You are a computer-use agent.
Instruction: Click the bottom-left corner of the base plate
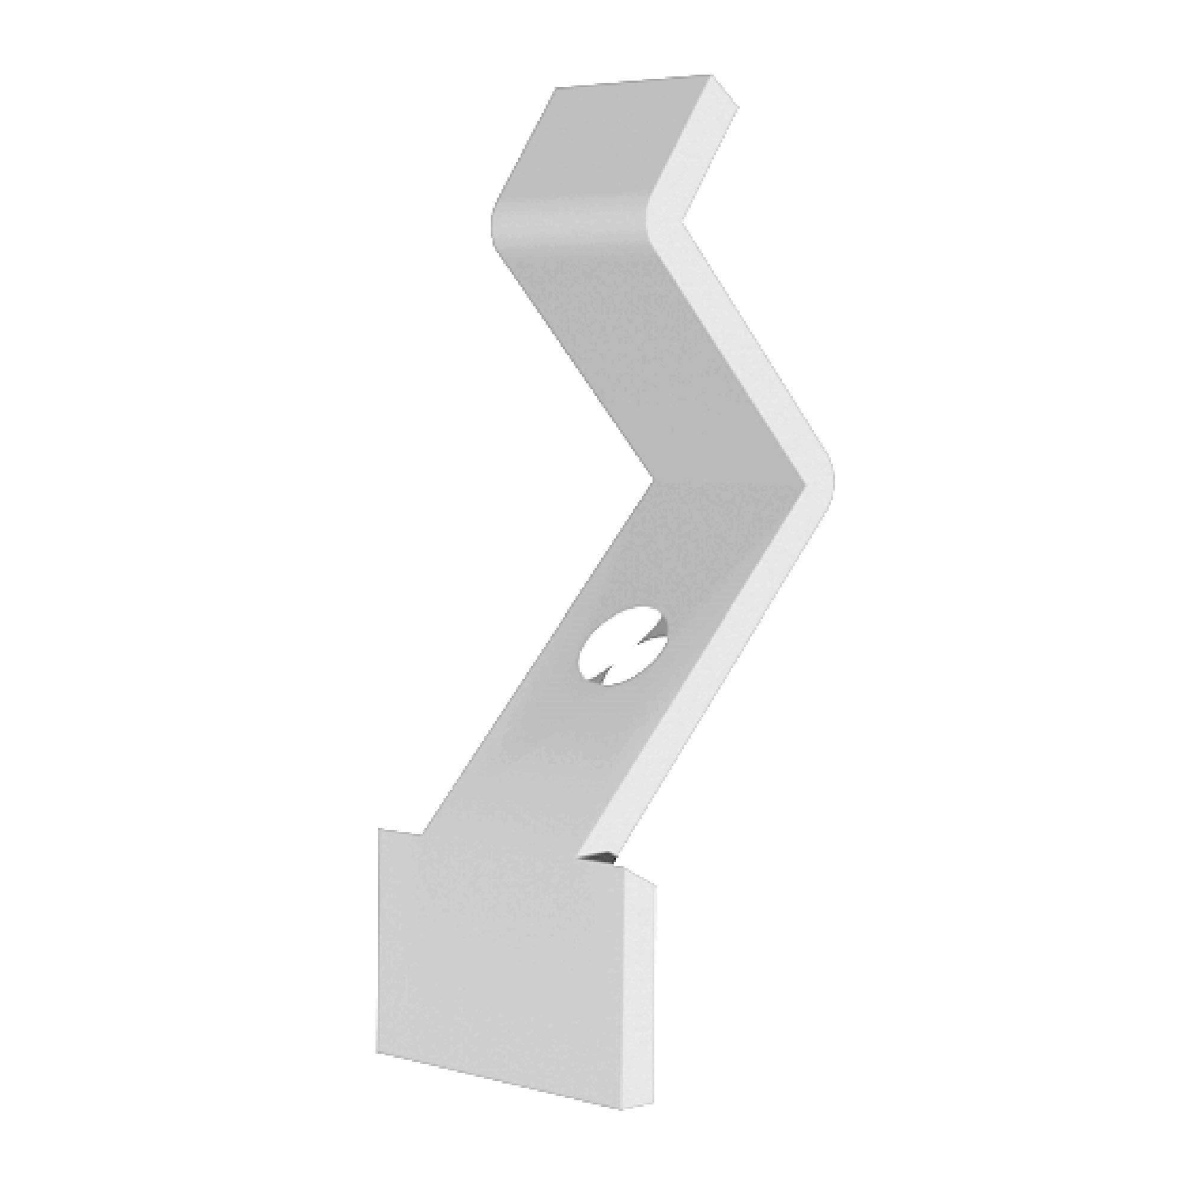pos(378,1053)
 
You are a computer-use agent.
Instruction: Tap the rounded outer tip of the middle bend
pos(832,479)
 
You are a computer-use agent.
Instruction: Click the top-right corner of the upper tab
pos(710,76)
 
